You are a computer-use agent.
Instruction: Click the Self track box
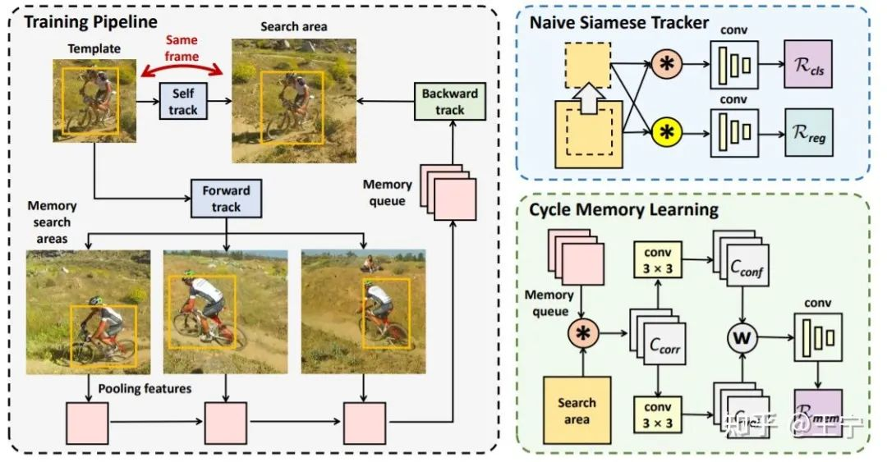point(183,102)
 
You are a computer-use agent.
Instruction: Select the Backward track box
point(449,101)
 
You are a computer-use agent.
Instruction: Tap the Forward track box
point(225,198)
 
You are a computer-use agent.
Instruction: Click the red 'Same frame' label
point(182,48)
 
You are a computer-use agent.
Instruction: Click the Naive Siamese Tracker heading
point(618,22)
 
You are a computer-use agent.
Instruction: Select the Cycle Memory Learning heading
point(623,209)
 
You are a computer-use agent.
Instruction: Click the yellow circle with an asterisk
point(666,130)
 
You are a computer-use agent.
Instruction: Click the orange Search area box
point(577,409)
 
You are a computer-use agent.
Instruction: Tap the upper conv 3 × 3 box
point(657,261)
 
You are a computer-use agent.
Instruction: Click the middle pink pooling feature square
point(226,423)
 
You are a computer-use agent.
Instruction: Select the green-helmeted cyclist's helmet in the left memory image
point(95,301)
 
